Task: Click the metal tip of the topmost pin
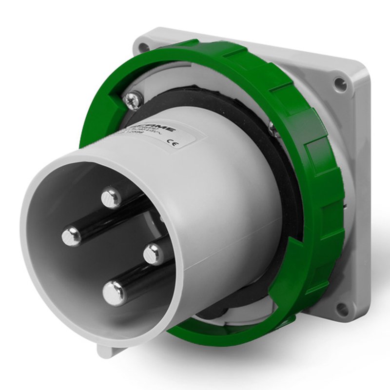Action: point(112,197)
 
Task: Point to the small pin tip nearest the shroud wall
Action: point(154,253)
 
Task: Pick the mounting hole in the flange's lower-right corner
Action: point(342,308)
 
